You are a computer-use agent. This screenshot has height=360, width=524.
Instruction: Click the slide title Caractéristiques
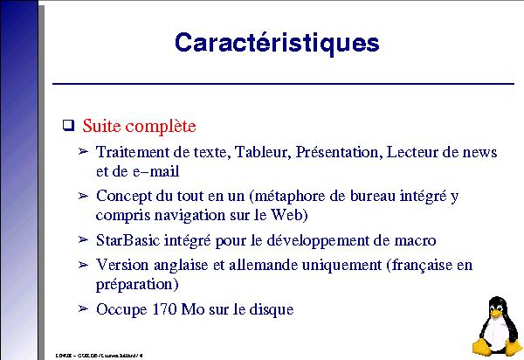tap(277, 42)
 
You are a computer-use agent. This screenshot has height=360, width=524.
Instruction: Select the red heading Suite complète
tap(139, 124)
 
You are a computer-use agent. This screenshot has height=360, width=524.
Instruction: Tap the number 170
tap(162, 308)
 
